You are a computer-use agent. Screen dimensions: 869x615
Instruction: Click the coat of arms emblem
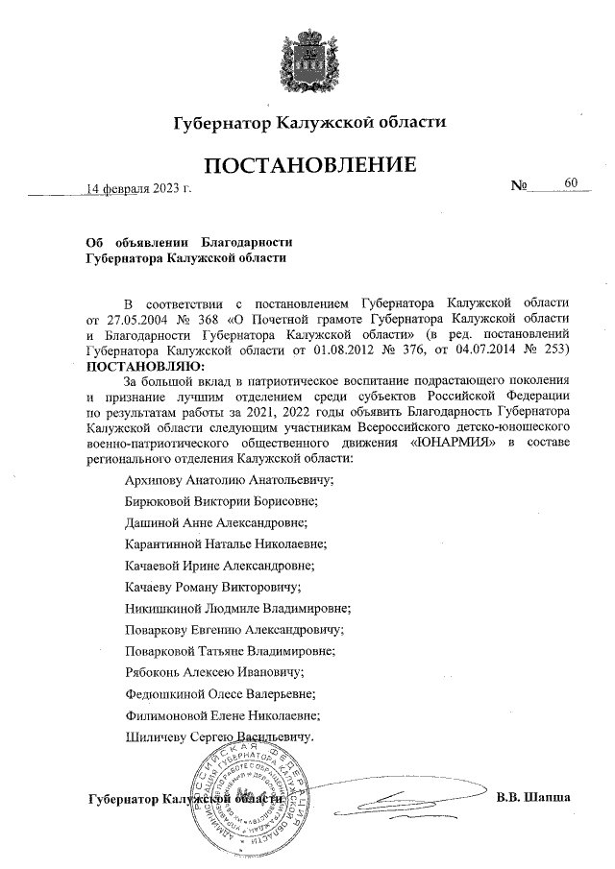(x=308, y=60)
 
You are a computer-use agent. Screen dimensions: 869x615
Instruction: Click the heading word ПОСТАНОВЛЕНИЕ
(x=308, y=165)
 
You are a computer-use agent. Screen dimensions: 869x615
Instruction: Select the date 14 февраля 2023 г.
(x=139, y=187)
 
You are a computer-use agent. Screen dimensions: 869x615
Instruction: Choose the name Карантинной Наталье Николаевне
(x=226, y=543)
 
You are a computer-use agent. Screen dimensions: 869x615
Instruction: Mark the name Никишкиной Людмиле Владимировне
(x=237, y=608)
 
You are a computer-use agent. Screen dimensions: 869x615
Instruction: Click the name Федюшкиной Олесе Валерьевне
(x=220, y=693)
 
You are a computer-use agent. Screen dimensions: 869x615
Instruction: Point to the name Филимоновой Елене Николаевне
(x=223, y=715)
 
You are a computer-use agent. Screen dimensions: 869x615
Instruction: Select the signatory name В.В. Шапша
(x=533, y=797)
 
